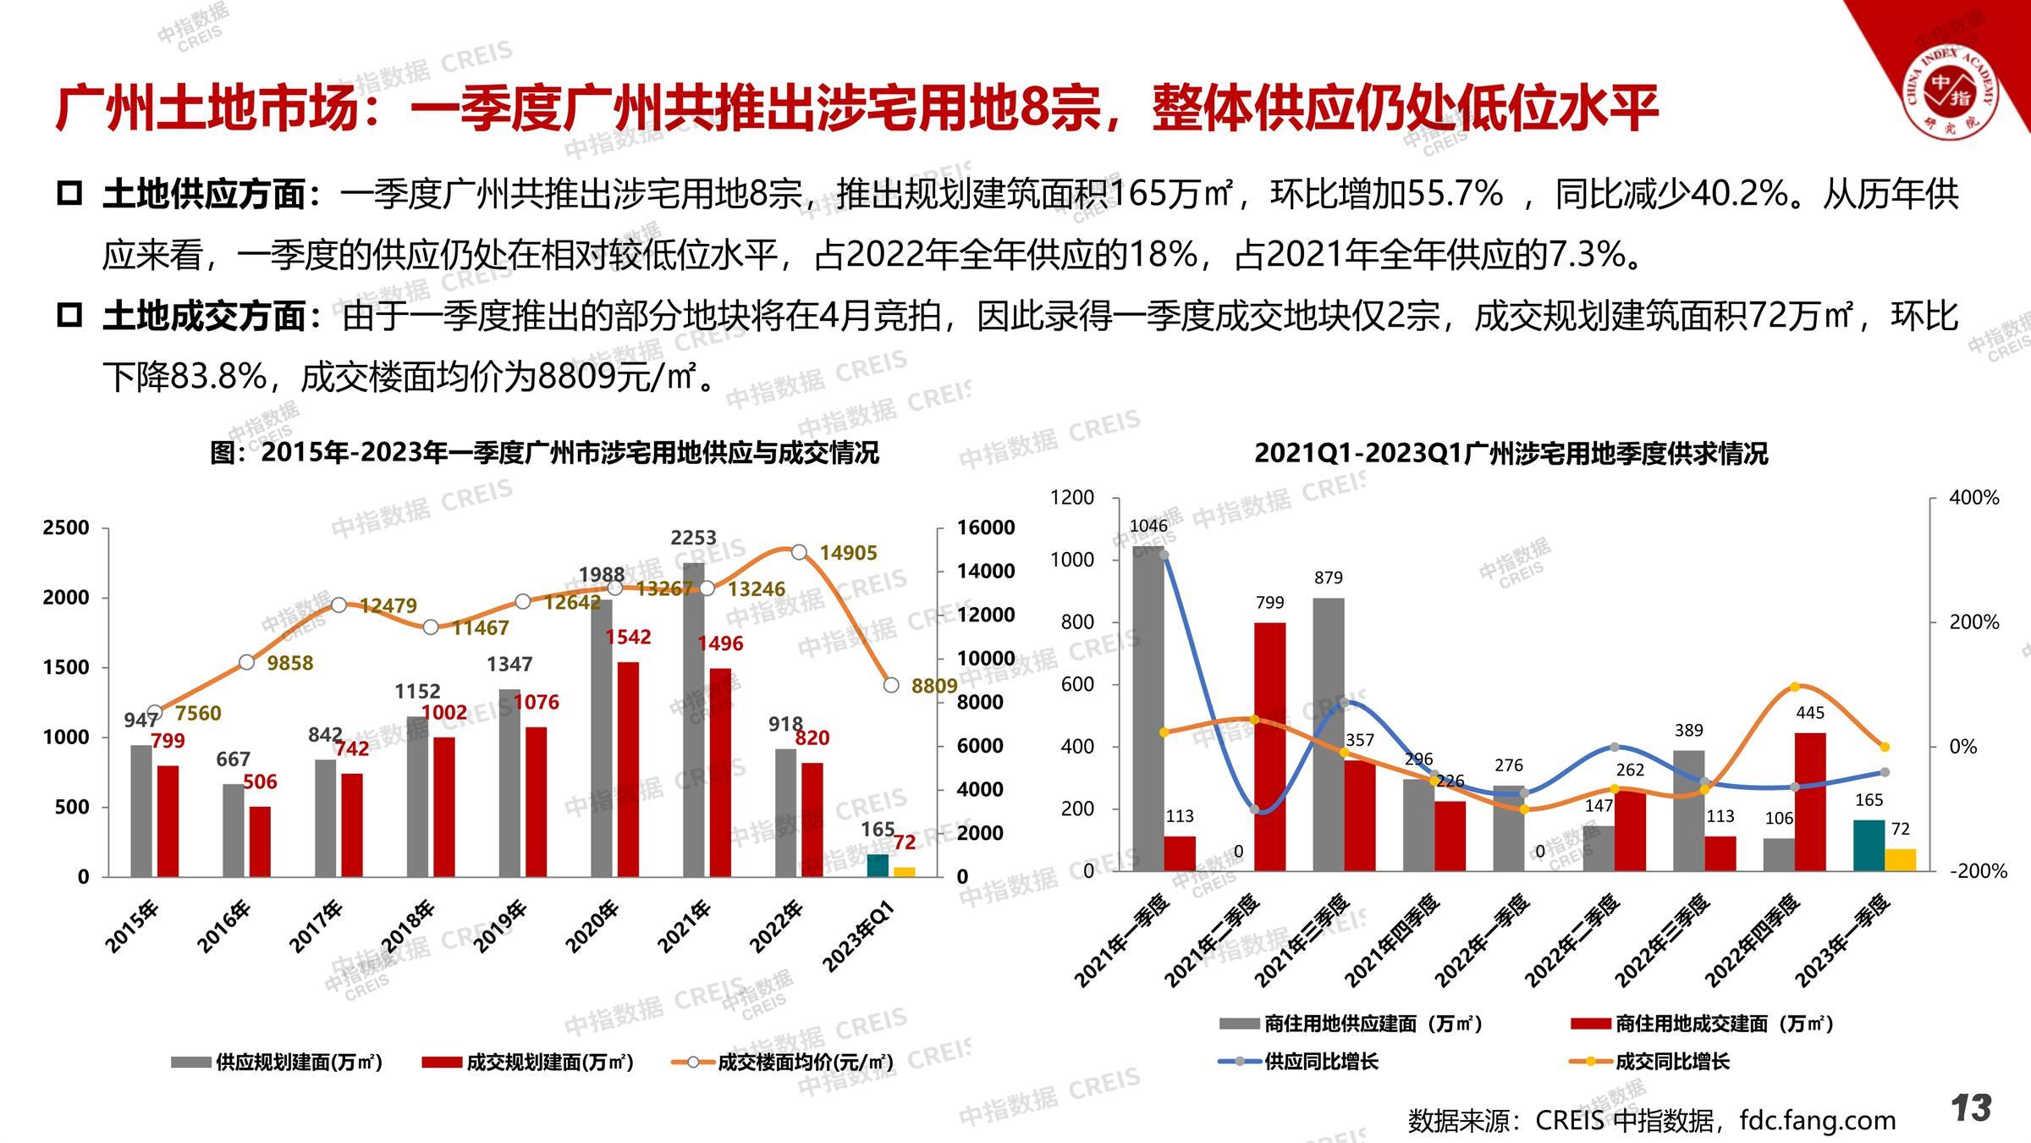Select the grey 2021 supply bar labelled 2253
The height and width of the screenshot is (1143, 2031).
click(694, 720)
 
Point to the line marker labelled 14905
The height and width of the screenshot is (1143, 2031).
click(799, 552)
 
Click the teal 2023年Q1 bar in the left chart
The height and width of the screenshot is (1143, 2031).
click(878, 865)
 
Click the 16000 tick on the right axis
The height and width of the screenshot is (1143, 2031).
click(986, 527)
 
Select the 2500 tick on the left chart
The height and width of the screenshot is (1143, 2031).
click(66, 527)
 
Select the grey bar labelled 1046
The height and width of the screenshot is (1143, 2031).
click(1148, 708)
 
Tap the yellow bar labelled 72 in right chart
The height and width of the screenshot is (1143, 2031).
click(1900, 859)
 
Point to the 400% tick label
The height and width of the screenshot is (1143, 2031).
click(1973, 498)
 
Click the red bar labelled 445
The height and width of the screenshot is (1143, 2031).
click(1810, 801)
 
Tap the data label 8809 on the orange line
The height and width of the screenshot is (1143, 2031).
click(934, 686)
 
